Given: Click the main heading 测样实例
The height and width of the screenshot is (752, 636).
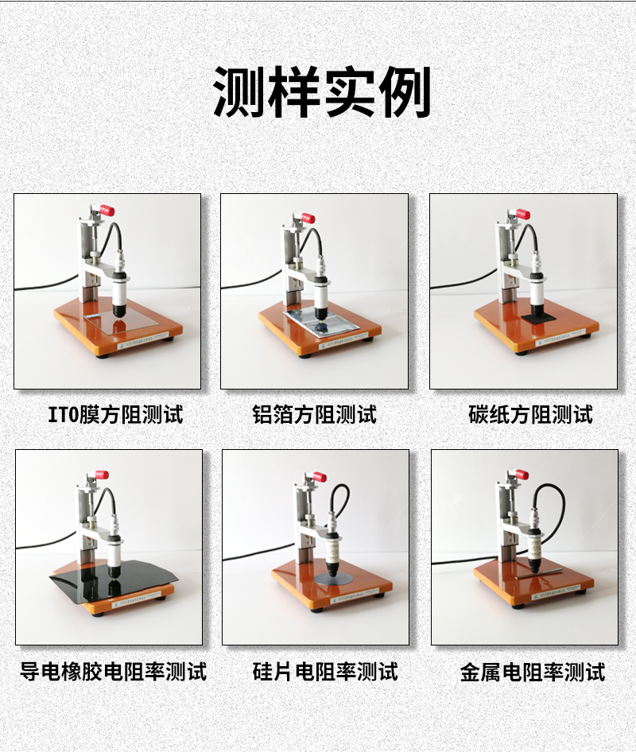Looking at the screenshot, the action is point(321,91).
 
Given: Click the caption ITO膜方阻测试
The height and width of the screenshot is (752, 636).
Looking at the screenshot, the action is point(115,415).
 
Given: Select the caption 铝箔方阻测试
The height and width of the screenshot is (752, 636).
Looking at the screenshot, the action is point(315,415).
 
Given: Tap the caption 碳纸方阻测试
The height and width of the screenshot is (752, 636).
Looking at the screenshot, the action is point(531,415).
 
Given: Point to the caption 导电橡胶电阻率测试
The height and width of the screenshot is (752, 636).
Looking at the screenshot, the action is point(113,671).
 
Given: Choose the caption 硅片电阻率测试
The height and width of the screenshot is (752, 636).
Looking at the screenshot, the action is point(325,671).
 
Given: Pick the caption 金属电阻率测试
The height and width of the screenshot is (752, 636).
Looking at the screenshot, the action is point(533,671).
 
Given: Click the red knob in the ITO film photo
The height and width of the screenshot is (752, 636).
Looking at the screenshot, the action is point(107,211).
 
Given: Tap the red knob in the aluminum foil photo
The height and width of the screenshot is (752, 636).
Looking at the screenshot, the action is point(308,219).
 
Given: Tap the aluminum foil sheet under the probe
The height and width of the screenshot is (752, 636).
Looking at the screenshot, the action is point(322,322).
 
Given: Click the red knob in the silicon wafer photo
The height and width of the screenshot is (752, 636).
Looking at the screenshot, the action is point(320,478).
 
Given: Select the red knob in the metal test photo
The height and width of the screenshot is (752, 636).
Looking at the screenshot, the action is point(522,475).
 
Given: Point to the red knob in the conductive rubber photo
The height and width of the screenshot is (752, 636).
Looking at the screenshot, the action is point(101,475).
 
